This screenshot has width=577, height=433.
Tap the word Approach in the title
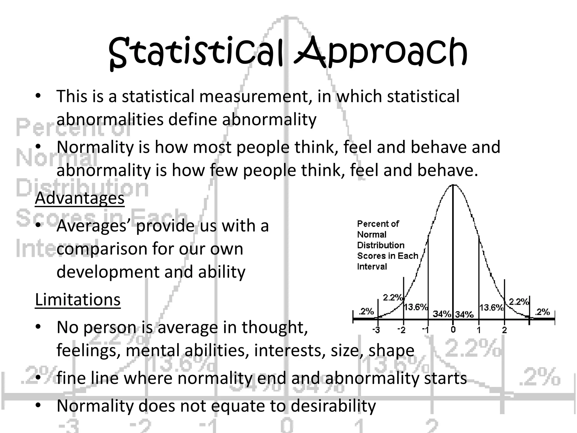(380, 54)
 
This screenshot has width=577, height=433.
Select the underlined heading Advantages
(80, 198)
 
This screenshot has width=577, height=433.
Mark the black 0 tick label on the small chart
(453, 330)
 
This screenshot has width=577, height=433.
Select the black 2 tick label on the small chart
(504, 330)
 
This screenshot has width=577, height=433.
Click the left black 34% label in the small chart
(442, 314)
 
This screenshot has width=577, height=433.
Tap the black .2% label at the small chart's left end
(366, 312)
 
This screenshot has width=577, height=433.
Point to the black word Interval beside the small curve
(372, 267)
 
